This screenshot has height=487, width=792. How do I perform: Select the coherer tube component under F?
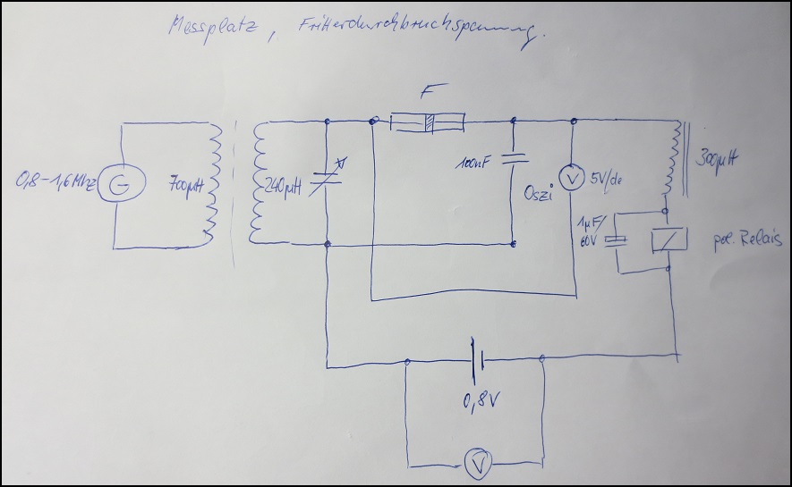[429, 122]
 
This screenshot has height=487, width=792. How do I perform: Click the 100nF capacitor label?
[475, 164]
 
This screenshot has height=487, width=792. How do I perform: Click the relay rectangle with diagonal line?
[670, 239]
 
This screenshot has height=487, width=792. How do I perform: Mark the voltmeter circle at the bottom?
[476, 463]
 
